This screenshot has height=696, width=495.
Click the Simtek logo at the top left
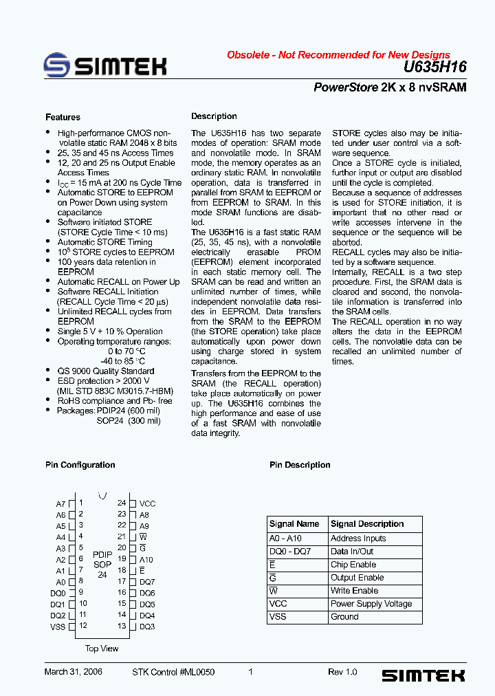pos(105,65)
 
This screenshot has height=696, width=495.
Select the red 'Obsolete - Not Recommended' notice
pos(338,55)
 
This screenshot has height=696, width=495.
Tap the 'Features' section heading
pos(63,118)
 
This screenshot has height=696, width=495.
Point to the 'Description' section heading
pos(214,117)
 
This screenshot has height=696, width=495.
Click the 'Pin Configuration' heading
pos(80,465)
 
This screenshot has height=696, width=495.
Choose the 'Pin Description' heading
pos(300,465)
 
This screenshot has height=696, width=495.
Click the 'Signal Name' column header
pos(294,524)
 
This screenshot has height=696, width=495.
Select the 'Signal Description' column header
pos(367,524)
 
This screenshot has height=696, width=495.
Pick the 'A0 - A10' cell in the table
pos(285,539)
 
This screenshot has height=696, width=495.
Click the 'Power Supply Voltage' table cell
pos(371,604)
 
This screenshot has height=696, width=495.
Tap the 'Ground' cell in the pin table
pos(344,617)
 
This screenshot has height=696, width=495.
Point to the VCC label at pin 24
pos(147,504)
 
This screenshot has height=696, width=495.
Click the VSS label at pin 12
pos(58,627)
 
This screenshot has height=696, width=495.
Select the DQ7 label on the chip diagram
pos(147,582)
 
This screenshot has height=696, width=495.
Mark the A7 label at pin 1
pos(60,504)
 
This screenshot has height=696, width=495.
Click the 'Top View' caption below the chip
pos(102,649)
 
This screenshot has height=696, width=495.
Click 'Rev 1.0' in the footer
pos(342,672)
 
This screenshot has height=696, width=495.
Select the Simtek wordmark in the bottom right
pos(423,676)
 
